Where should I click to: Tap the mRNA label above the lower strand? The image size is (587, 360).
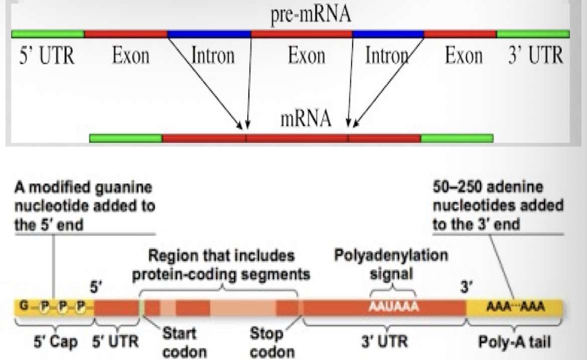(x=307, y=119)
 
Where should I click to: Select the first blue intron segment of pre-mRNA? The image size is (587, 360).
(x=209, y=35)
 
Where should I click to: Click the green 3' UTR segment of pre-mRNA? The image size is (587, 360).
(x=533, y=35)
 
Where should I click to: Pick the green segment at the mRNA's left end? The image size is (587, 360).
(x=126, y=138)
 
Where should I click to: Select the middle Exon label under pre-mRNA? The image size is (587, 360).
(x=306, y=56)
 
